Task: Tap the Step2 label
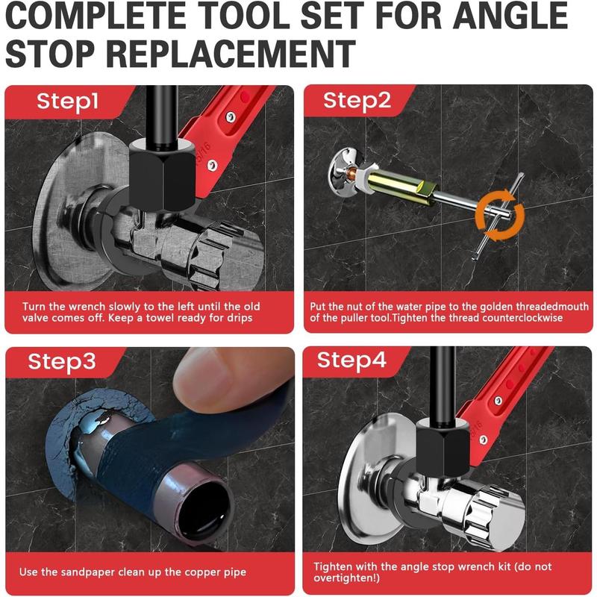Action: click(x=357, y=101)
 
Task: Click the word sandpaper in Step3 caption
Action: click(x=93, y=572)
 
